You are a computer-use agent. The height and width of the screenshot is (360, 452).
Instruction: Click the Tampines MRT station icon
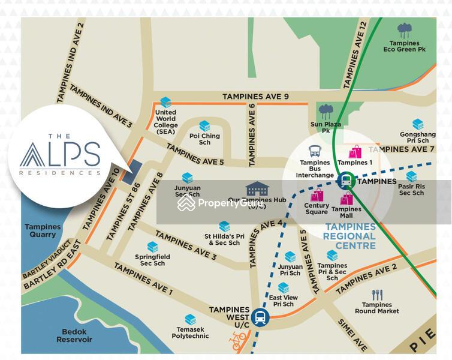[x=345, y=180]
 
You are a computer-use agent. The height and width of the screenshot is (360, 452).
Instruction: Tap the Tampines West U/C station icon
[x=260, y=316]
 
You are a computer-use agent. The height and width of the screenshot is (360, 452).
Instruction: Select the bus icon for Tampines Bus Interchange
[x=315, y=151]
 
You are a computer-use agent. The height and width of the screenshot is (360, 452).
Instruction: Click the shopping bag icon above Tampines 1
[x=355, y=151]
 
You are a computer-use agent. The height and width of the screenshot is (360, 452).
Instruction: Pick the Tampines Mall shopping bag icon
[x=346, y=199]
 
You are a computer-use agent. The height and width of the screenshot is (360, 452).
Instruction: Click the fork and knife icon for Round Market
[x=377, y=295]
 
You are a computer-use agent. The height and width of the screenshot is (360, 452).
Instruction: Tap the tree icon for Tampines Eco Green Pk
[x=405, y=31]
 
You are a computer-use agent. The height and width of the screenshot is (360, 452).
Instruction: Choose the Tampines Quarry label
[x=43, y=231]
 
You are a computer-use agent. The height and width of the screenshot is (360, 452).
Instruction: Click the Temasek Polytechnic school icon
[x=191, y=319]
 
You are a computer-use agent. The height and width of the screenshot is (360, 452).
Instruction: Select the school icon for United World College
[x=165, y=103]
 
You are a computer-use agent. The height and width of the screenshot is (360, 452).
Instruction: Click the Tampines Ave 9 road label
[x=255, y=96]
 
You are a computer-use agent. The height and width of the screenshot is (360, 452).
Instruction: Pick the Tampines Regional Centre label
[x=350, y=232]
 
